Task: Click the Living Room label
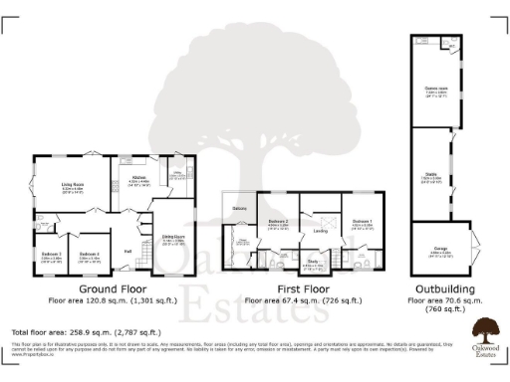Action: click(72, 184)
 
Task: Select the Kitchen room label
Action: click(138, 178)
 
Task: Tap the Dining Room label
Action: click(173, 236)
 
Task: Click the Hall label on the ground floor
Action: click(128, 251)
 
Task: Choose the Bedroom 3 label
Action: click(51, 254)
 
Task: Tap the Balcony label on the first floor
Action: click(239, 208)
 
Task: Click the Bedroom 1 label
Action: click(361, 221)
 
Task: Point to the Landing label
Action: click(320, 232)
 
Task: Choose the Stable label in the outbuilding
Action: click(434, 175)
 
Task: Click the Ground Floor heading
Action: click(114, 288)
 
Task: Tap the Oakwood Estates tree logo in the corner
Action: click(485, 331)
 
